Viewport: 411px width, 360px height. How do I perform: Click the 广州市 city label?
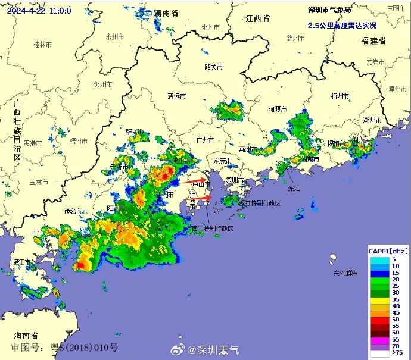point(204,140)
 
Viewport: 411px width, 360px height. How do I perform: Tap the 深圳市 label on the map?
point(235,180)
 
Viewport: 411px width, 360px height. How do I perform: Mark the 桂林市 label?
point(42,45)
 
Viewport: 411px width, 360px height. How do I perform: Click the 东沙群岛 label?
point(345,273)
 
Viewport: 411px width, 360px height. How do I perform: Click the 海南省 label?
point(27,335)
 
